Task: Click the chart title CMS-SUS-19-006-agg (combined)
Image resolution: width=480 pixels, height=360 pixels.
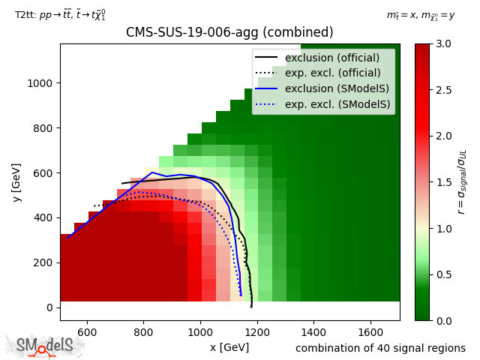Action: click(x=229, y=33)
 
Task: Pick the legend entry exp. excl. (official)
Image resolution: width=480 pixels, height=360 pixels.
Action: click(x=337, y=73)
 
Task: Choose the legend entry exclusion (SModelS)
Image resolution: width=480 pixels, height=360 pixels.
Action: click(x=337, y=89)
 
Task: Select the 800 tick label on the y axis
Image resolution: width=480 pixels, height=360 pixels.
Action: click(x=42, y=127)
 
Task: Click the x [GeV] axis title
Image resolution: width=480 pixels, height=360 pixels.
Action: click(x=229, y=347)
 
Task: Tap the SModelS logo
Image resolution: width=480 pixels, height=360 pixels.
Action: click(x=45, y=346)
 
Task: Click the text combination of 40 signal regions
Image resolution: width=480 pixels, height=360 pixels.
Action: click(x=380, y=348)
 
